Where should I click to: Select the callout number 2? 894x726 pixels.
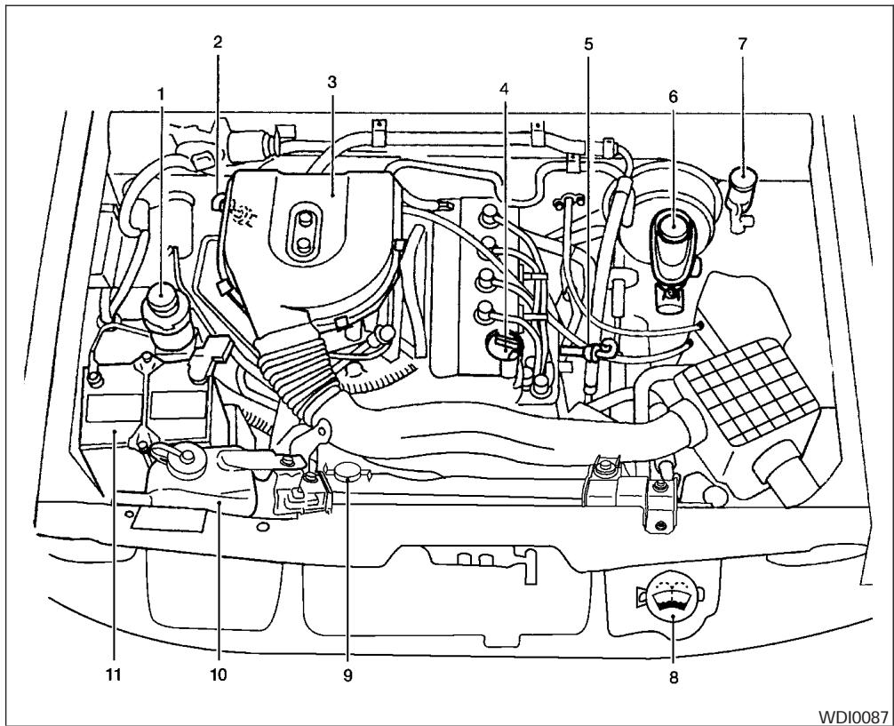[218, 42]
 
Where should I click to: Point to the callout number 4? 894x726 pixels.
[505, 89]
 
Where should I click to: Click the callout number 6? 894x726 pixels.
[673, 95]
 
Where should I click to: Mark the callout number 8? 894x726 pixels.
[673, 676]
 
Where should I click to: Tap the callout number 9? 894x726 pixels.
[347, 675]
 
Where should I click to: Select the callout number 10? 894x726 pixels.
[219, 674]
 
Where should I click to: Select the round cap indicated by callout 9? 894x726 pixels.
[347, 471]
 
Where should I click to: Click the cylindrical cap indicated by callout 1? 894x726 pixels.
[163, 298]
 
